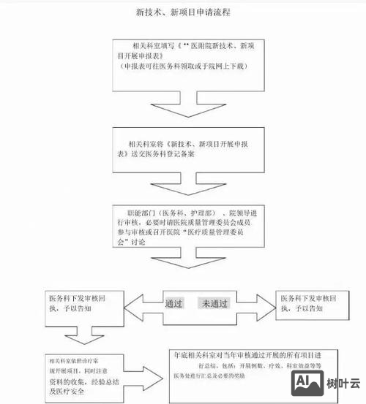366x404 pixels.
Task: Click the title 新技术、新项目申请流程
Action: tap(184, 12)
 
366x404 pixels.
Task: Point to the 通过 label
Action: tap(174, 302)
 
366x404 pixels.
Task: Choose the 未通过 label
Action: tap(216, 302)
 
